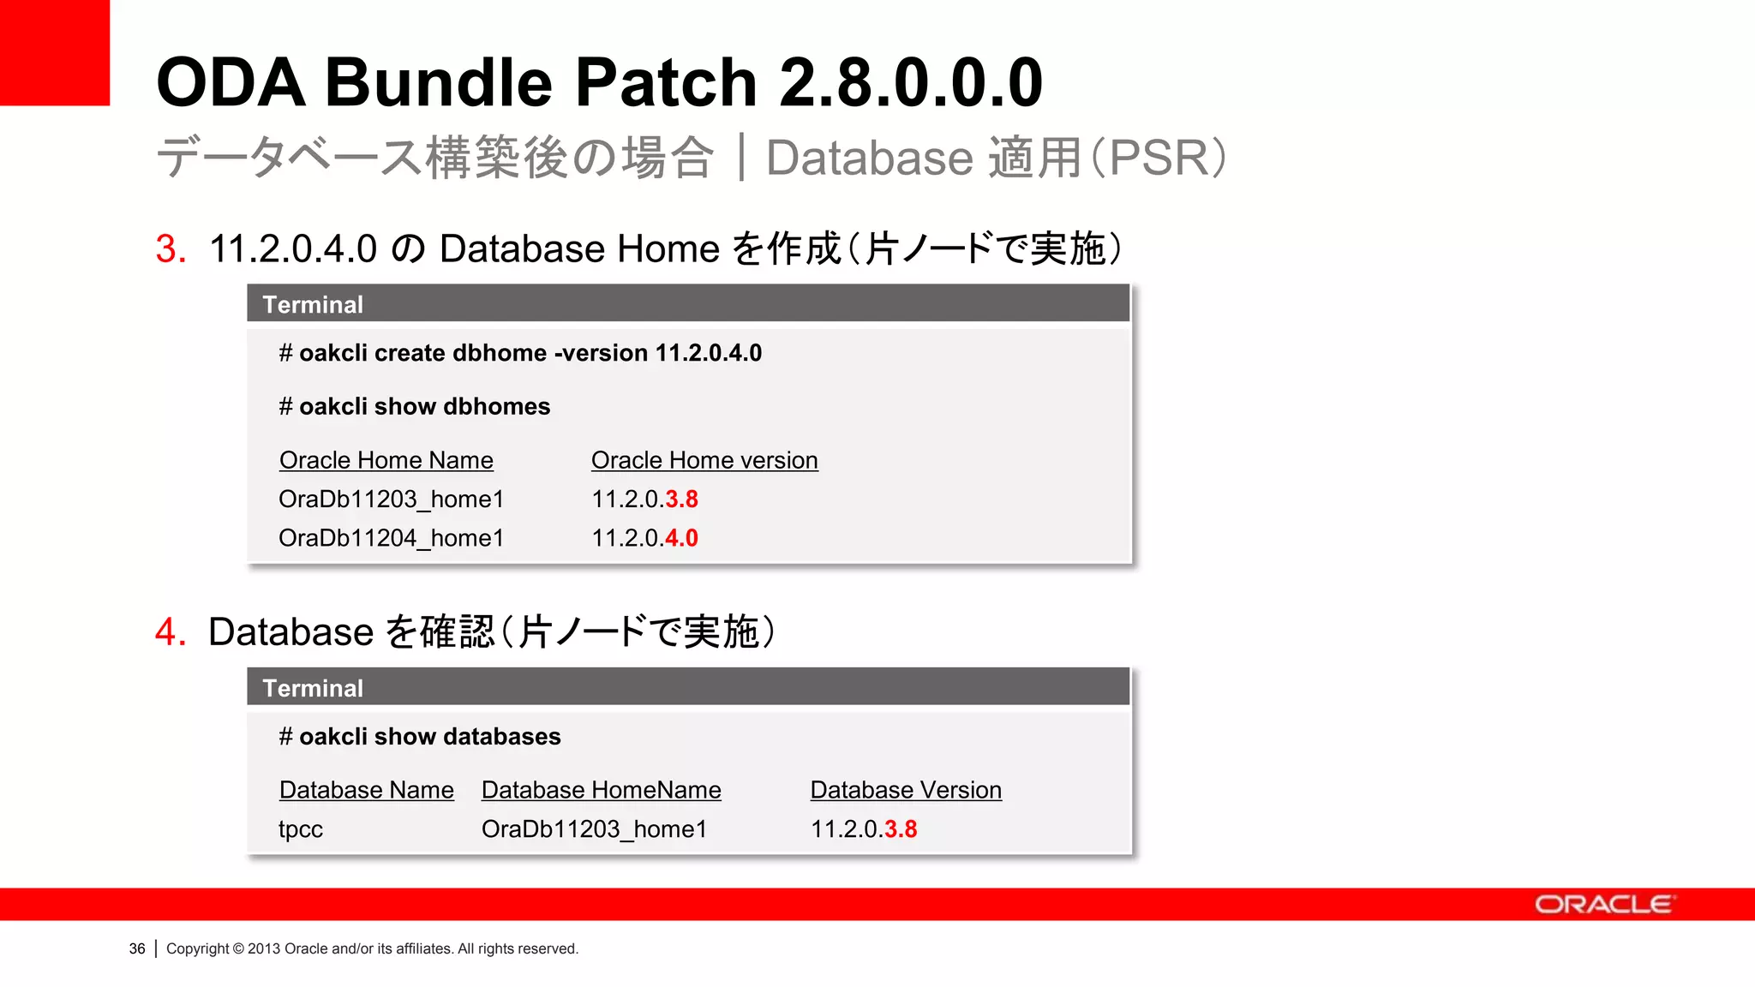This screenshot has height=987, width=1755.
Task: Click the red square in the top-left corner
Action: [54, 51]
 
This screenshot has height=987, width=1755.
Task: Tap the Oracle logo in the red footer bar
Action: [1602, 905]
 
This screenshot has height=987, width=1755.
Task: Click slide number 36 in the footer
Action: [137, 948]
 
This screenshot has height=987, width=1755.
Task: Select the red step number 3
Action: [171, 249]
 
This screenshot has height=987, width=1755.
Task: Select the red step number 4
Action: [171, 632]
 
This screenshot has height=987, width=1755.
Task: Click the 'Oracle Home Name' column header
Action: [386, 460]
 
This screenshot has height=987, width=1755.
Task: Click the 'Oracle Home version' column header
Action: [704, 460]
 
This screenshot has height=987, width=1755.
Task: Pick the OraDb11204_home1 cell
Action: [391, 538]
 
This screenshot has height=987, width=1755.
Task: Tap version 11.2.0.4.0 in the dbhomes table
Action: [644, 538]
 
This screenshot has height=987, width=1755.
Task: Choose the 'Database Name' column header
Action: [366, 790]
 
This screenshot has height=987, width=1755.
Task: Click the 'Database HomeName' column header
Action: [601, 790]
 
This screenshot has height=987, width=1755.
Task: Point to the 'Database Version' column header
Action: [906, 790]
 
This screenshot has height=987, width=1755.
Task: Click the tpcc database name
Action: [301, 829]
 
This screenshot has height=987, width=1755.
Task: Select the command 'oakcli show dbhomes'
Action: [424, 406]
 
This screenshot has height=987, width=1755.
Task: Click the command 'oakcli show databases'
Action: [429, 737]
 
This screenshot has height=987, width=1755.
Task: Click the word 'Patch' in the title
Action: [665, 82]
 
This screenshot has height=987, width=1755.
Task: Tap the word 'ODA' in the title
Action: [231, 82]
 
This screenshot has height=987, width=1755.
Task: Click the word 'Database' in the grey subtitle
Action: [869, 158]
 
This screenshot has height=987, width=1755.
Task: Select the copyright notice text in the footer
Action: [372, 948]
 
